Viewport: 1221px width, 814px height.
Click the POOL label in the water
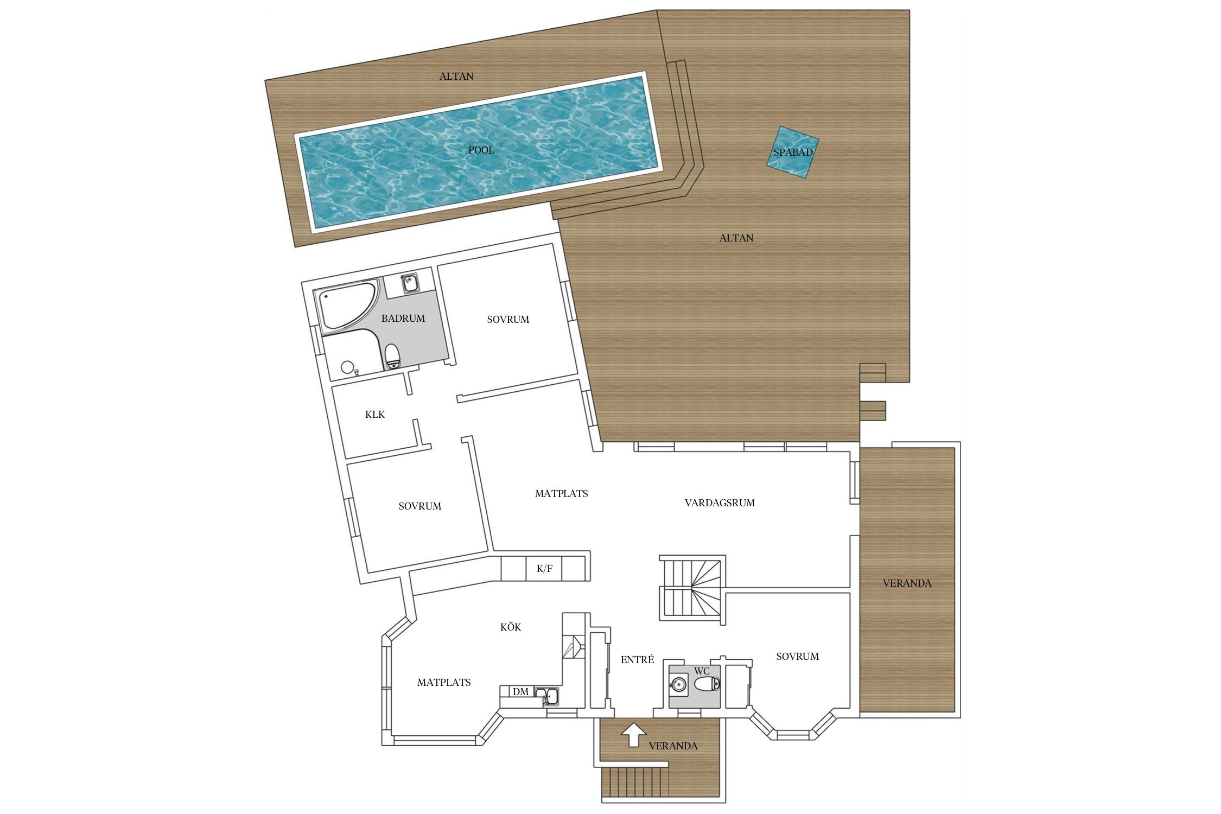(x=481, y=150)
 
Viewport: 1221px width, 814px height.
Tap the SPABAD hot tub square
(x=793, y=152)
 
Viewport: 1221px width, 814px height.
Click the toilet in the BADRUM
(x=392, y=356)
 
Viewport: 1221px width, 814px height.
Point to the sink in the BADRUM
(x=410, y=283)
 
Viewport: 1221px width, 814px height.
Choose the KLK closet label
(x=375, y=415)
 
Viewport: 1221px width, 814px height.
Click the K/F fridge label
(x=544, y=569)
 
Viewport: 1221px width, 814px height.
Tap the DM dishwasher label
(x=520, y=692)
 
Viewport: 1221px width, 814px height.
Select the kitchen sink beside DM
(x=546, y=696)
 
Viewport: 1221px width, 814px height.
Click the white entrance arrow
(x=633, y=735)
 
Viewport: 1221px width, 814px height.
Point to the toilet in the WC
(x=707, y=684)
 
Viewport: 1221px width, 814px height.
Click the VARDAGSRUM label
(x=720, y=503)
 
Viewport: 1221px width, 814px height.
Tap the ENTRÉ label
(x=638, y=660)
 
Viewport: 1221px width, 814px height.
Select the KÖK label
(x=511, y=627)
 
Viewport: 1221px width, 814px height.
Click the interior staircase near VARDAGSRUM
(x=692, y=588)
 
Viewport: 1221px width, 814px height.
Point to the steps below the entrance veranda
(x=635, y=782)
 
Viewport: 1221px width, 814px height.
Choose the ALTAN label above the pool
(x=456, y=77)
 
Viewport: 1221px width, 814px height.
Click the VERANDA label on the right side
(x=907, y=583)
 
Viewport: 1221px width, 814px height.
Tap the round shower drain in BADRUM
(x=347, y=367)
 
